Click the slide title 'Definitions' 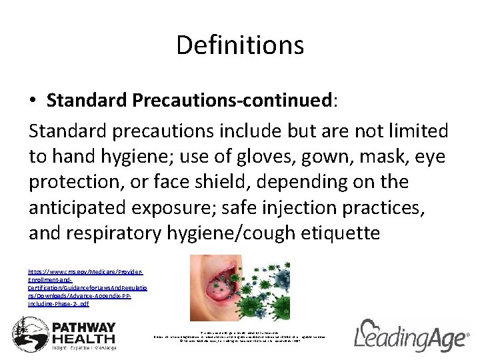coord(240,45)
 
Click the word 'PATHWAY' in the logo coord(84,327)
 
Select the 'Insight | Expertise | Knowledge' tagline coord(84,348)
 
